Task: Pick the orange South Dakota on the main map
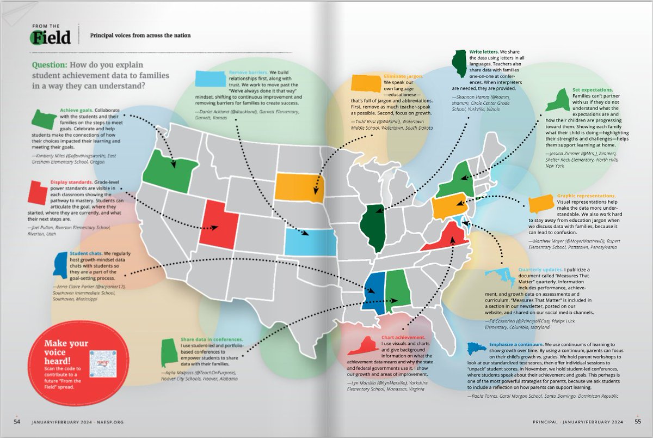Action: point(298,186)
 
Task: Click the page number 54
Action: point(17,422)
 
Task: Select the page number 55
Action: point(637,422)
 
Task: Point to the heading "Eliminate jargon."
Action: point(404,77)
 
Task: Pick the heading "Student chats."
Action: point(84,253)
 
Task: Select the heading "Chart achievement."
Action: point(403,338)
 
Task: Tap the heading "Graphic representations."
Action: point(586,196)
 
